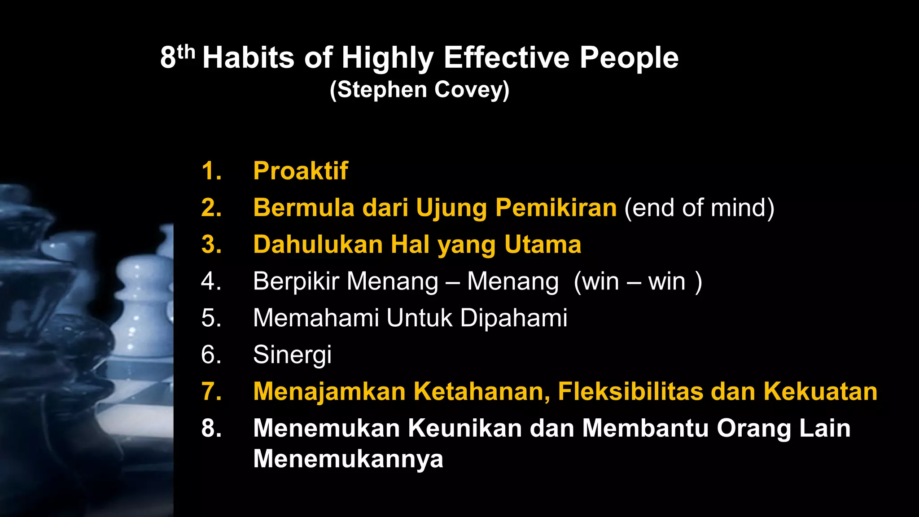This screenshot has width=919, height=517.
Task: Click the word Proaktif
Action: pos(300,171)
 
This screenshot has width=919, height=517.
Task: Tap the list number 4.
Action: pos(211,281)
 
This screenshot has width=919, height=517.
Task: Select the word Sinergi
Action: pos(292,355)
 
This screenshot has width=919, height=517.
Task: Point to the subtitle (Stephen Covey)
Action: pos(419,90)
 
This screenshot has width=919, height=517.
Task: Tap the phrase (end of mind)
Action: pos(699,208)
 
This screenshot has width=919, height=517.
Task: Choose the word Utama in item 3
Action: pos(543,245)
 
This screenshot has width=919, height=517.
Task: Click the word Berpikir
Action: pos(296,282)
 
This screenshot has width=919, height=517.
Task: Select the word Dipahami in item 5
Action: pos(513,318)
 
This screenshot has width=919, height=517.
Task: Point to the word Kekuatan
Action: pos(820,391)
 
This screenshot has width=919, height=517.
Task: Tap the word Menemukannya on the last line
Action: pos(348,459)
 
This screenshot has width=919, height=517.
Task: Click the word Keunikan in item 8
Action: pos(465,428)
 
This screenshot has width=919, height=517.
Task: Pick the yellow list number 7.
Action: pos(211,391)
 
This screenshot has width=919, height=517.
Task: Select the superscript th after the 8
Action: pos(186,52)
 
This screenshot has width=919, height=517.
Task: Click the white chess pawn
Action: pos(141,310)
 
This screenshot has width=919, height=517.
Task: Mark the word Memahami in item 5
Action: pos(315,318)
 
